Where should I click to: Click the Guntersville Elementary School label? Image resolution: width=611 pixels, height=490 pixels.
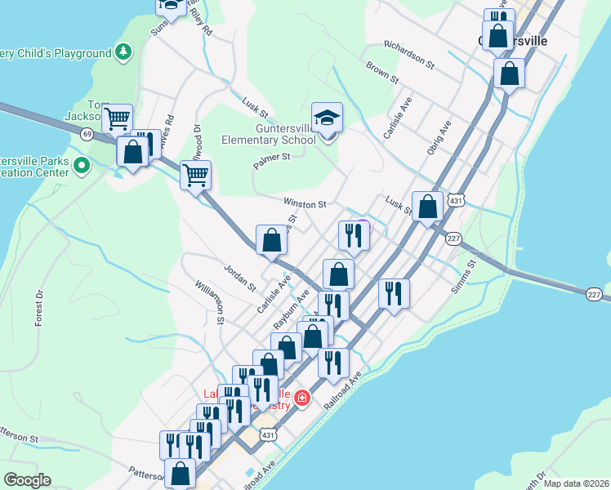click(x=269, y=134)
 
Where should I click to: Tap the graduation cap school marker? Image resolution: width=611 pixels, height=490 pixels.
click(x=327, y=118)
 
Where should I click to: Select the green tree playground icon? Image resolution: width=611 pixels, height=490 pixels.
click(x=123, y=53)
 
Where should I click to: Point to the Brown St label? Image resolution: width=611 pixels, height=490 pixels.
click(x=381, y=73)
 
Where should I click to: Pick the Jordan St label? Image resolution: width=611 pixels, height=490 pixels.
click(x=239, y=277)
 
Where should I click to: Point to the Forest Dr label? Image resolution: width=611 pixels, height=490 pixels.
click(x=38, y=308)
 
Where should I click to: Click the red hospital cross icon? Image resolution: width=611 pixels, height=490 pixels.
click(x=302, y=398)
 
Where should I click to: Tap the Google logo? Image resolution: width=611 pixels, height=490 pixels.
click(x=27, y=480)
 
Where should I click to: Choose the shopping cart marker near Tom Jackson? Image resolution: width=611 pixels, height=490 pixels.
click(x=118, y=118)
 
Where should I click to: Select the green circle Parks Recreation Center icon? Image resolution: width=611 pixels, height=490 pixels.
click(x=81, y=166)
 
